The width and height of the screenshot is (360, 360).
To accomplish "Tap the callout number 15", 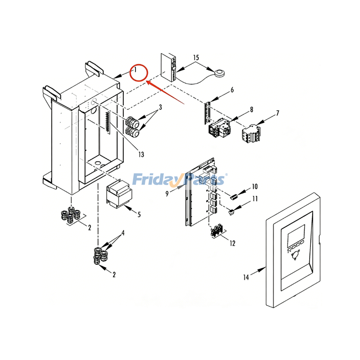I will pyautogui.click(x=196, y=58).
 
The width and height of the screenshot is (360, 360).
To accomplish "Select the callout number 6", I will pyautogui.click(x=232, y=90).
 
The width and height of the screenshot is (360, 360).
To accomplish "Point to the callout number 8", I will pyautogui.click(x=251, y=109).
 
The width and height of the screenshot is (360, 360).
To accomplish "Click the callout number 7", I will pyautogui.click(x=277, y=113).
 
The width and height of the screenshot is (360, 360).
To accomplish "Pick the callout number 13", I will pyautogui.click(x=141, y=154).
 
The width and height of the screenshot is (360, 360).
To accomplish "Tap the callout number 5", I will pyautogui.click(x=139, y=215).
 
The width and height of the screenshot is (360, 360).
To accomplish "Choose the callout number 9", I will pyautogui.click(x=167, y=193).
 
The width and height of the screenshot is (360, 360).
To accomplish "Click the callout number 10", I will pyautogui.click(x=254, y=186).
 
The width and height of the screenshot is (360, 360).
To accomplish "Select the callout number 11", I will pyautogui.click(x=255, y=198).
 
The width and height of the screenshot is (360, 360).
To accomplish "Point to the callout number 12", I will pyautogui.click(x=232, y=243).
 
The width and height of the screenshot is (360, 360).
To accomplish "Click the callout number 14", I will pyautogui.click(x=246, y=277).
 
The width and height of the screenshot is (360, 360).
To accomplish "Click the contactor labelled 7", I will pyautogui.click(x=249, y=133).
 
